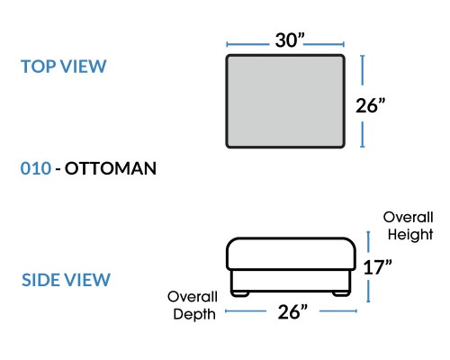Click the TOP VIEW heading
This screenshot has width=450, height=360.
coord(64,67)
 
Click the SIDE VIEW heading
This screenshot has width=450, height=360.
coord(66,280)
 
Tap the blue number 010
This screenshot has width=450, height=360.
coord(36,168)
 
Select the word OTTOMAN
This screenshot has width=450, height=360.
coord(111,168)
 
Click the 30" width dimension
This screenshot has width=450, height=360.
coord(290,40)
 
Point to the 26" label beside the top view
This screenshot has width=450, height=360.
coord(370,105)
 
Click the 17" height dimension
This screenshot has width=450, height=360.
coord(377,267)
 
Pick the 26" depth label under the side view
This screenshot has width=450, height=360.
coord(292,312)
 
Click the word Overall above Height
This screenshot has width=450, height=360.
coord(408,217)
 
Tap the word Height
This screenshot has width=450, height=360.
coord(410,234)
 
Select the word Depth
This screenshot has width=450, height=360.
coord(194,314)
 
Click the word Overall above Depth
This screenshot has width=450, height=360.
coord(193,297)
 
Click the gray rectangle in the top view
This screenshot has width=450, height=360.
coord(285,102)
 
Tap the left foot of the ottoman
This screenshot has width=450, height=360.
coord(240,293)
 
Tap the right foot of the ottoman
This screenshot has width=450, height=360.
coord(341,293)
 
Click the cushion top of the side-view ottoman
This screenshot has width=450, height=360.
coord(291,254)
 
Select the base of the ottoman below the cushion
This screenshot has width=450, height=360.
coord(291,281)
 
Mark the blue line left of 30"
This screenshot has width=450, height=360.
coord(247,44)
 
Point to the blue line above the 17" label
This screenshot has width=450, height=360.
coord(368,242)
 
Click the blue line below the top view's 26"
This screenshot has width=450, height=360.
coord(363,134)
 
